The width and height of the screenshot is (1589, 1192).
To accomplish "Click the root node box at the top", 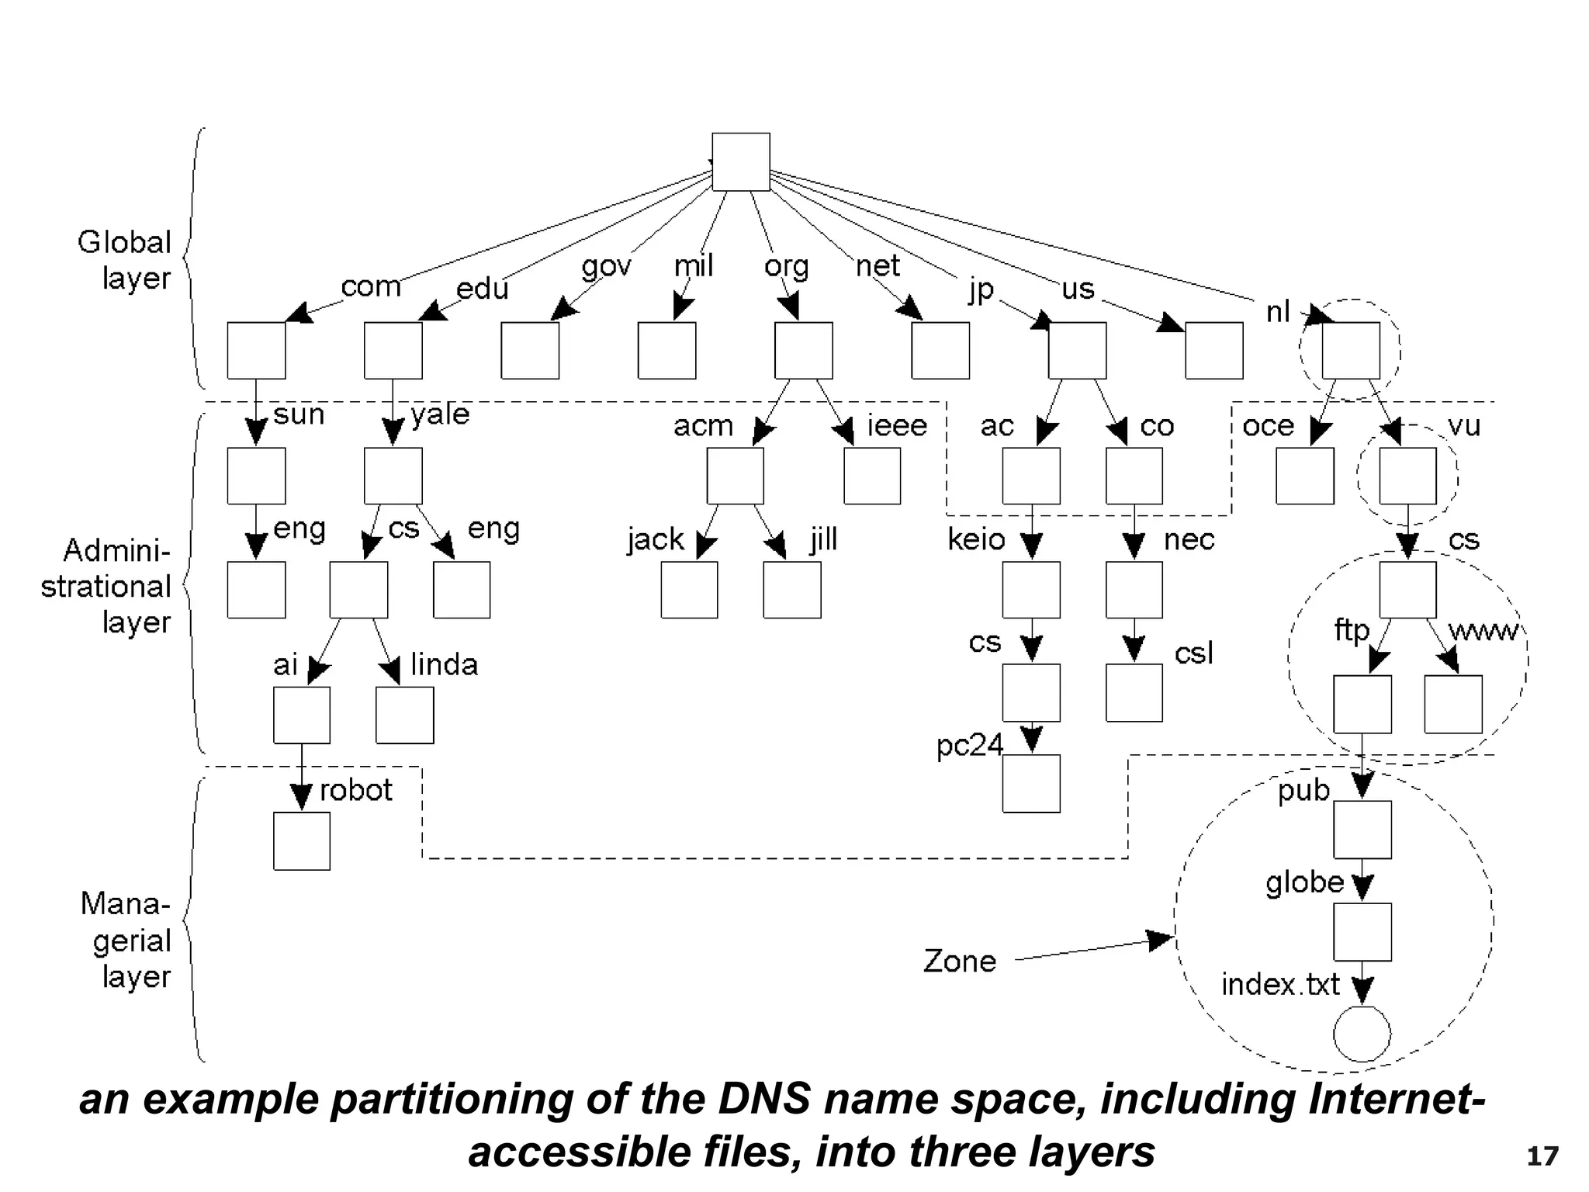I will pos(741,161).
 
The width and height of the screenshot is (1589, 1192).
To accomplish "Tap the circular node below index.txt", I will pos(1362,1034).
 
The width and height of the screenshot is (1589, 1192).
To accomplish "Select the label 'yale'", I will pos(440,414).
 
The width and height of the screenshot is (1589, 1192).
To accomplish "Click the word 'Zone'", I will pos(960,962).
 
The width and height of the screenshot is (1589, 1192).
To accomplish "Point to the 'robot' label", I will pos(356,791).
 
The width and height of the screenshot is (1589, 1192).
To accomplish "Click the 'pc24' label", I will pos(970,746).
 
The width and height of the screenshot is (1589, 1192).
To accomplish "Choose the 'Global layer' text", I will pos(125,260).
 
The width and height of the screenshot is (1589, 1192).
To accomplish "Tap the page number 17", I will pos(1542,1156).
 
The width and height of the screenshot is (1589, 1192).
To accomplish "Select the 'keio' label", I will pos(976,539).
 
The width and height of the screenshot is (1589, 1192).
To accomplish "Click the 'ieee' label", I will pos(897,426).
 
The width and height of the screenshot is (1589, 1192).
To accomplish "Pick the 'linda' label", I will pos(445,665).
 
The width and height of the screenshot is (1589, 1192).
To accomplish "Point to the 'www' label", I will pos(1483,631).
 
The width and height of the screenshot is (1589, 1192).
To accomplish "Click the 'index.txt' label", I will pos(1280,985).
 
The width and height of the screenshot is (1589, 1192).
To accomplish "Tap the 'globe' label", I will pos(1304,883).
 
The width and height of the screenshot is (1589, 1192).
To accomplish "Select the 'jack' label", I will pos(656,539).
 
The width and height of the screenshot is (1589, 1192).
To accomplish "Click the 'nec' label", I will pos(1189,539).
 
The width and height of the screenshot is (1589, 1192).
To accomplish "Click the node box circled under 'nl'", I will pos(1351,351).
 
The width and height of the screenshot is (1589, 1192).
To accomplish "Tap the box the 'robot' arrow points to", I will pos(302,841).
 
